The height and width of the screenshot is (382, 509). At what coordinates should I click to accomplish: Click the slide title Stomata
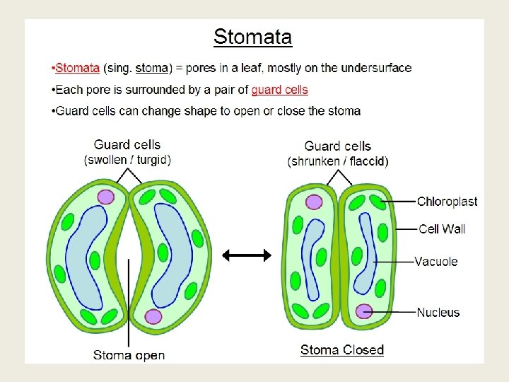click(252, 36)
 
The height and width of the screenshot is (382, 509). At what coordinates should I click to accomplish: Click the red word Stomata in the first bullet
click(77, 68)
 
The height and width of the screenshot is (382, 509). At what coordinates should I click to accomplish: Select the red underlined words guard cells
click(279, 90)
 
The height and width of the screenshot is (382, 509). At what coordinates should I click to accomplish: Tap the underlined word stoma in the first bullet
click(152, 68)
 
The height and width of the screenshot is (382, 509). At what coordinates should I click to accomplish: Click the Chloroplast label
click(447, 202)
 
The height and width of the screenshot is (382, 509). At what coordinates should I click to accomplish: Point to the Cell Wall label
click(442, 228)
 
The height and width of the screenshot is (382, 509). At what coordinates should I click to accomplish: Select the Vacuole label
click(436, 261)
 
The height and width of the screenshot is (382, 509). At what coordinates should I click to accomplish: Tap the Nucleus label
click(438, 312)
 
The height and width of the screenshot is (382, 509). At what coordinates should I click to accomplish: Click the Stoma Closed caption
click(342, 349)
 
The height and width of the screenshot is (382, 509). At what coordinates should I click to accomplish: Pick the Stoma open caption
click(129, 354)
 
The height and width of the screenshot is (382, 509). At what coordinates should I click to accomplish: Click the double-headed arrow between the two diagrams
click(247, 255)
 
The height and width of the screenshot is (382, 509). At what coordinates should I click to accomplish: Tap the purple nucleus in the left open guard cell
click(106, 196)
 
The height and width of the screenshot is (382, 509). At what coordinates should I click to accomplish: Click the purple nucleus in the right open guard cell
click(153, 316)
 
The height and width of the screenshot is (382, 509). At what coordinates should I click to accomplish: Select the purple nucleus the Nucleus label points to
click(364, 311)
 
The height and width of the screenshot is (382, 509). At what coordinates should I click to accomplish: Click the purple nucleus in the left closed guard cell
click(314, 202)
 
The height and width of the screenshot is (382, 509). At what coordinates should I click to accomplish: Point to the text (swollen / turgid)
click(128, 160)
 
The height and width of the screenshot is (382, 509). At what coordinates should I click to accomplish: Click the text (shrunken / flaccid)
click(338, 161)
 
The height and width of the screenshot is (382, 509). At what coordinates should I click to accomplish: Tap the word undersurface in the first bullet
click(376, 68)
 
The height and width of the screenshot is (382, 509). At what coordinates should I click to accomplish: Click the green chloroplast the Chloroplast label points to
click(378, 202)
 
